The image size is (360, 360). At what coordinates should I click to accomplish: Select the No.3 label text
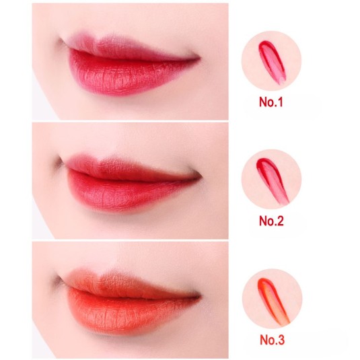coord(271,340)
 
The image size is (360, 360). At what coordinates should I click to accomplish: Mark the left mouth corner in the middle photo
coord(57,161)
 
